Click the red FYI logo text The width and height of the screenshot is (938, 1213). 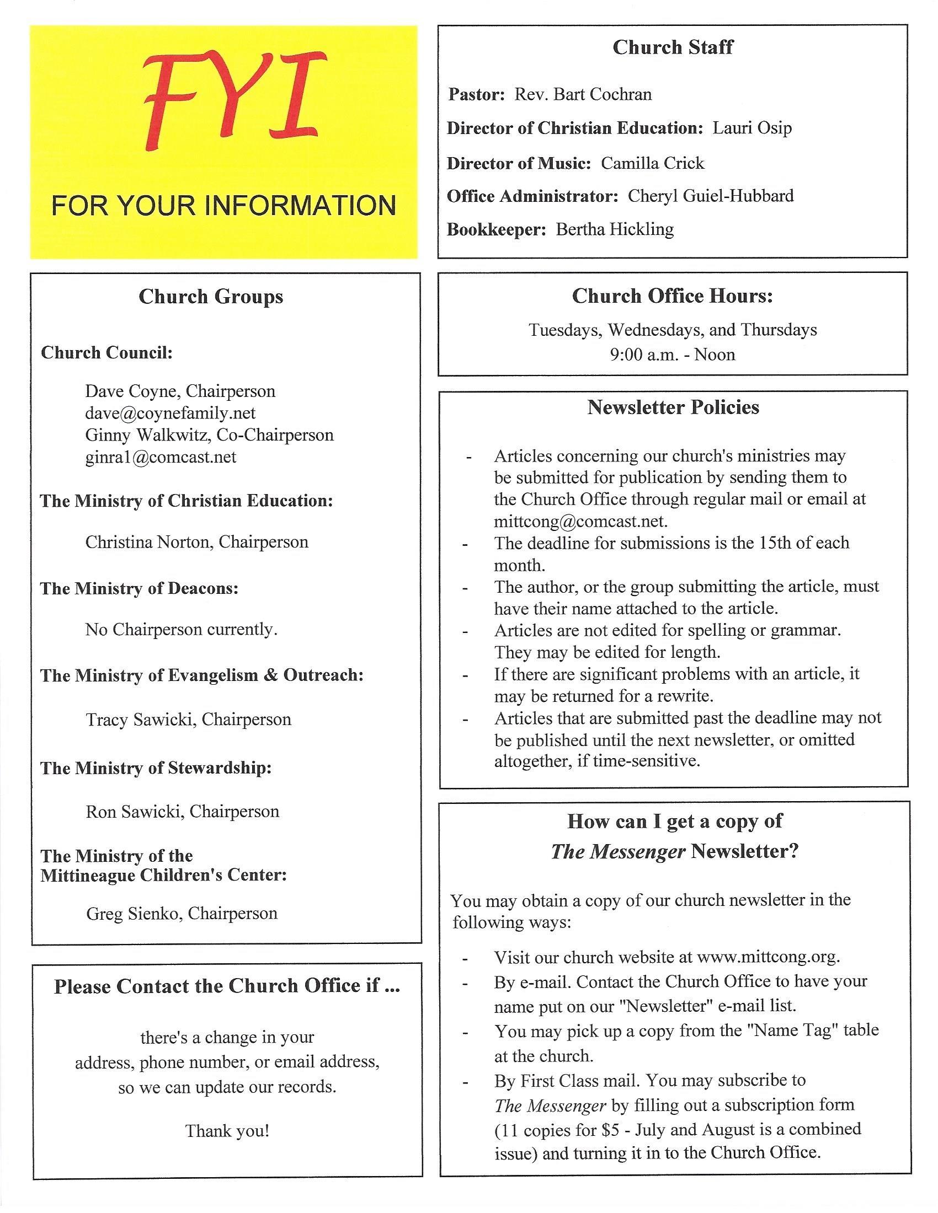(226, 101)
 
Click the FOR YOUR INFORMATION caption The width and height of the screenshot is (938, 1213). (223, 206)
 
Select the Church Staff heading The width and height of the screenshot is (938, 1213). (673, 48)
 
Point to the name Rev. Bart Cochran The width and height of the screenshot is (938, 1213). (583, 94)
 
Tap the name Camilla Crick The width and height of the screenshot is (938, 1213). (652, 163)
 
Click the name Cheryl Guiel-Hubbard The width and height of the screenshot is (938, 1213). (711, 196)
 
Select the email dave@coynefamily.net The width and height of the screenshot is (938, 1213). (170, 413)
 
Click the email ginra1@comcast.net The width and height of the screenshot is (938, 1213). (161, 457)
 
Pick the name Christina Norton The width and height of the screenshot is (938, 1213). (148, 542)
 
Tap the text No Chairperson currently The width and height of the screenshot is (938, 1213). (181, 629)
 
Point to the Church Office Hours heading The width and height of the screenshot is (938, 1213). (673, 296)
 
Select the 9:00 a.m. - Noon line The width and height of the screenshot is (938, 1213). (673, 355)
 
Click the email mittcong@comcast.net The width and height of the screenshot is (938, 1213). (580, 521)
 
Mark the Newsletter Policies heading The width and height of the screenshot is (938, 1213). (673, 407)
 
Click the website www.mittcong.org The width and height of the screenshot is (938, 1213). (768, 957)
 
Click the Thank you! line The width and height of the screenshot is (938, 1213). (227, 1130)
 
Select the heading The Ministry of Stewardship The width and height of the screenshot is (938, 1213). (156, 768)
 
